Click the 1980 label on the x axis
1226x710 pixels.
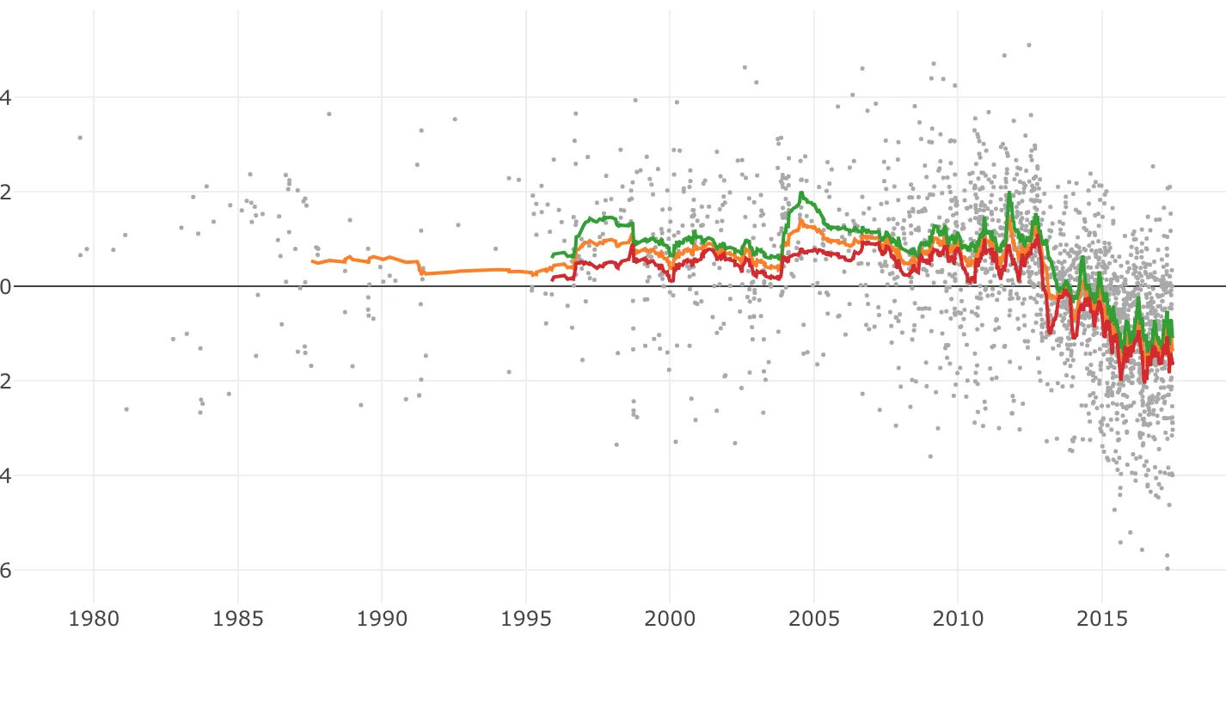tap(93, 620)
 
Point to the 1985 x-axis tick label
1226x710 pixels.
tap(237, 620)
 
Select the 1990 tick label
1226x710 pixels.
tap(381, 620)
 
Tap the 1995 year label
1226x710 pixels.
tap(525, 620)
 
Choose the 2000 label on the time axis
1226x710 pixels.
tap(670, 620)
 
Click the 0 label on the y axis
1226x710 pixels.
tap(6, 286)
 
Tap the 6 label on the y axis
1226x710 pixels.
tap(6, 570)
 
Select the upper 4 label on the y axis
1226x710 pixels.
tap(6, 97)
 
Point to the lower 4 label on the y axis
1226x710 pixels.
tap(6, 475)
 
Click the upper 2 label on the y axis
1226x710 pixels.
tap(6, 192)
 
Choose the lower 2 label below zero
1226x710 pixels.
tap(6, 381)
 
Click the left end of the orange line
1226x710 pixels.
tap(312, 260)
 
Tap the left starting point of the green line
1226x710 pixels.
tap(552, 256)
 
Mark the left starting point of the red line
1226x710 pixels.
tap(552, 279)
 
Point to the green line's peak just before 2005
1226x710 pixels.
tap(801, 193)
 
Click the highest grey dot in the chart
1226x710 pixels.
tap(1028, 45)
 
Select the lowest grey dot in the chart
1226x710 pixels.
tap(1168, 568)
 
